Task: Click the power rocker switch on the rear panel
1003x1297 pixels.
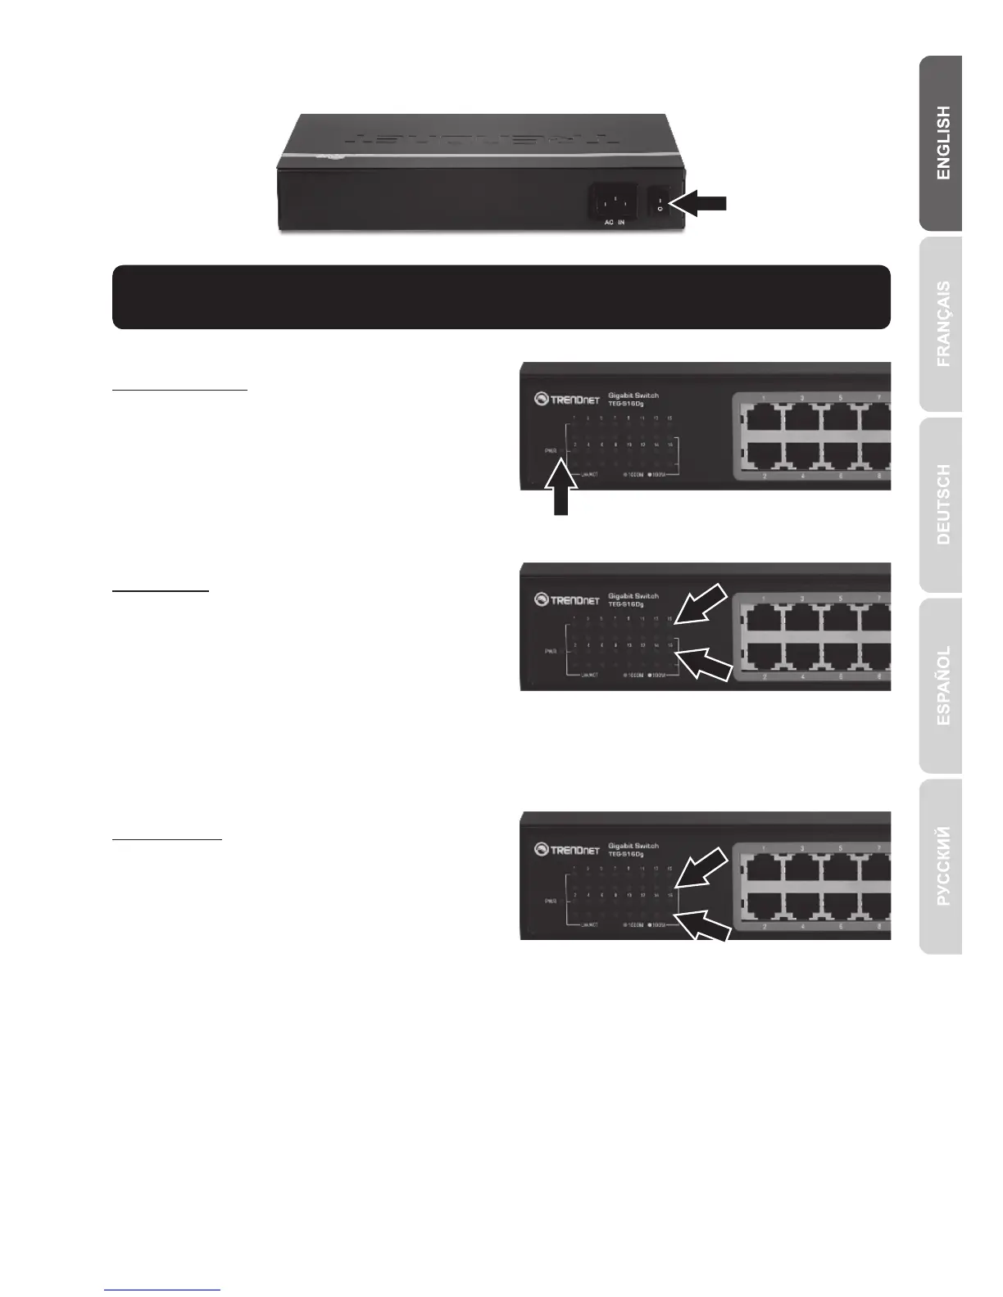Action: coord(660,203)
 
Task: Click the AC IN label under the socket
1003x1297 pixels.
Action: coord(614,223)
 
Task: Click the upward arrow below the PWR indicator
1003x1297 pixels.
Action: coord(560,488)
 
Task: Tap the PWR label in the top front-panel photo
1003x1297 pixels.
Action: coord(551,450)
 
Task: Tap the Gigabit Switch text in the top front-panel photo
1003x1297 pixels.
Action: coord(633,395)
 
